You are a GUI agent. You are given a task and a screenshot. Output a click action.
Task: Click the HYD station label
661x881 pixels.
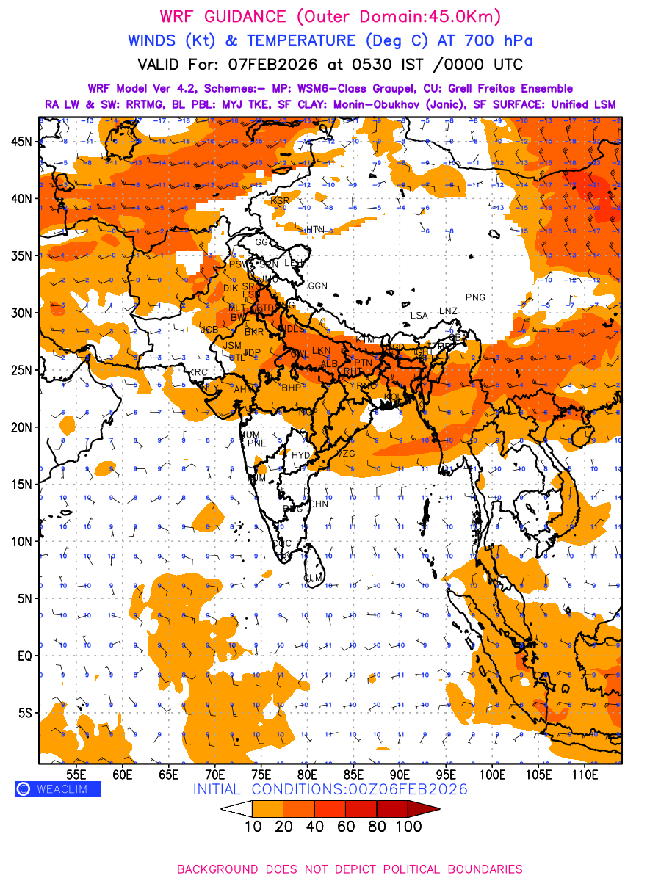301,455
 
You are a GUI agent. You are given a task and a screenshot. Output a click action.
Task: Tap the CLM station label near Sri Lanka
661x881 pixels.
314,579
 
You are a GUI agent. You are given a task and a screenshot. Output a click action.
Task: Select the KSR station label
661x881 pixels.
280,200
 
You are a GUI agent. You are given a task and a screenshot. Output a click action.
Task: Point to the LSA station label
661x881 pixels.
419,316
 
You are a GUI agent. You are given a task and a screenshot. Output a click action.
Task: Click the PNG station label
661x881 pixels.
475,297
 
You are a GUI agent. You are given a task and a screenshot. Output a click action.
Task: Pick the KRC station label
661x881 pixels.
198,372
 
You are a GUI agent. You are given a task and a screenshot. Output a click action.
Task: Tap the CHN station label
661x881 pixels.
318,504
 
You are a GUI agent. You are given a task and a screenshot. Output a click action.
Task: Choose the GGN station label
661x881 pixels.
318,286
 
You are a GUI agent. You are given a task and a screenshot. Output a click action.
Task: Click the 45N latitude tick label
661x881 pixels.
26,141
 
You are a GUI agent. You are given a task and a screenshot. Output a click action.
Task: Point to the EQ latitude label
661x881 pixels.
24,656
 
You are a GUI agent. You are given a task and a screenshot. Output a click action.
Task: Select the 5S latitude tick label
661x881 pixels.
26,713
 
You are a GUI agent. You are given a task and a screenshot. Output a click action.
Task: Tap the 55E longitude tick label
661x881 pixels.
76,774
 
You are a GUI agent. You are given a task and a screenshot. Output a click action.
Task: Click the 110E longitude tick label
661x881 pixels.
585,774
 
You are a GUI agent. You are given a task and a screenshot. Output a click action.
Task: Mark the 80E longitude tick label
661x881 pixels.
307,774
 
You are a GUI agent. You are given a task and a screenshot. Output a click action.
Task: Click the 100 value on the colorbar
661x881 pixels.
409,827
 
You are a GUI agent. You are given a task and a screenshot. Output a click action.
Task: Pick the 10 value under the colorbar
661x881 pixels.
252,827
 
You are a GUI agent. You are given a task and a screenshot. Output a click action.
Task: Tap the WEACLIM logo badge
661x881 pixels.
58,789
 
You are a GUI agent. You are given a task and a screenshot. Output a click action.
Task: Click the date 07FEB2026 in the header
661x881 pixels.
269,65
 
